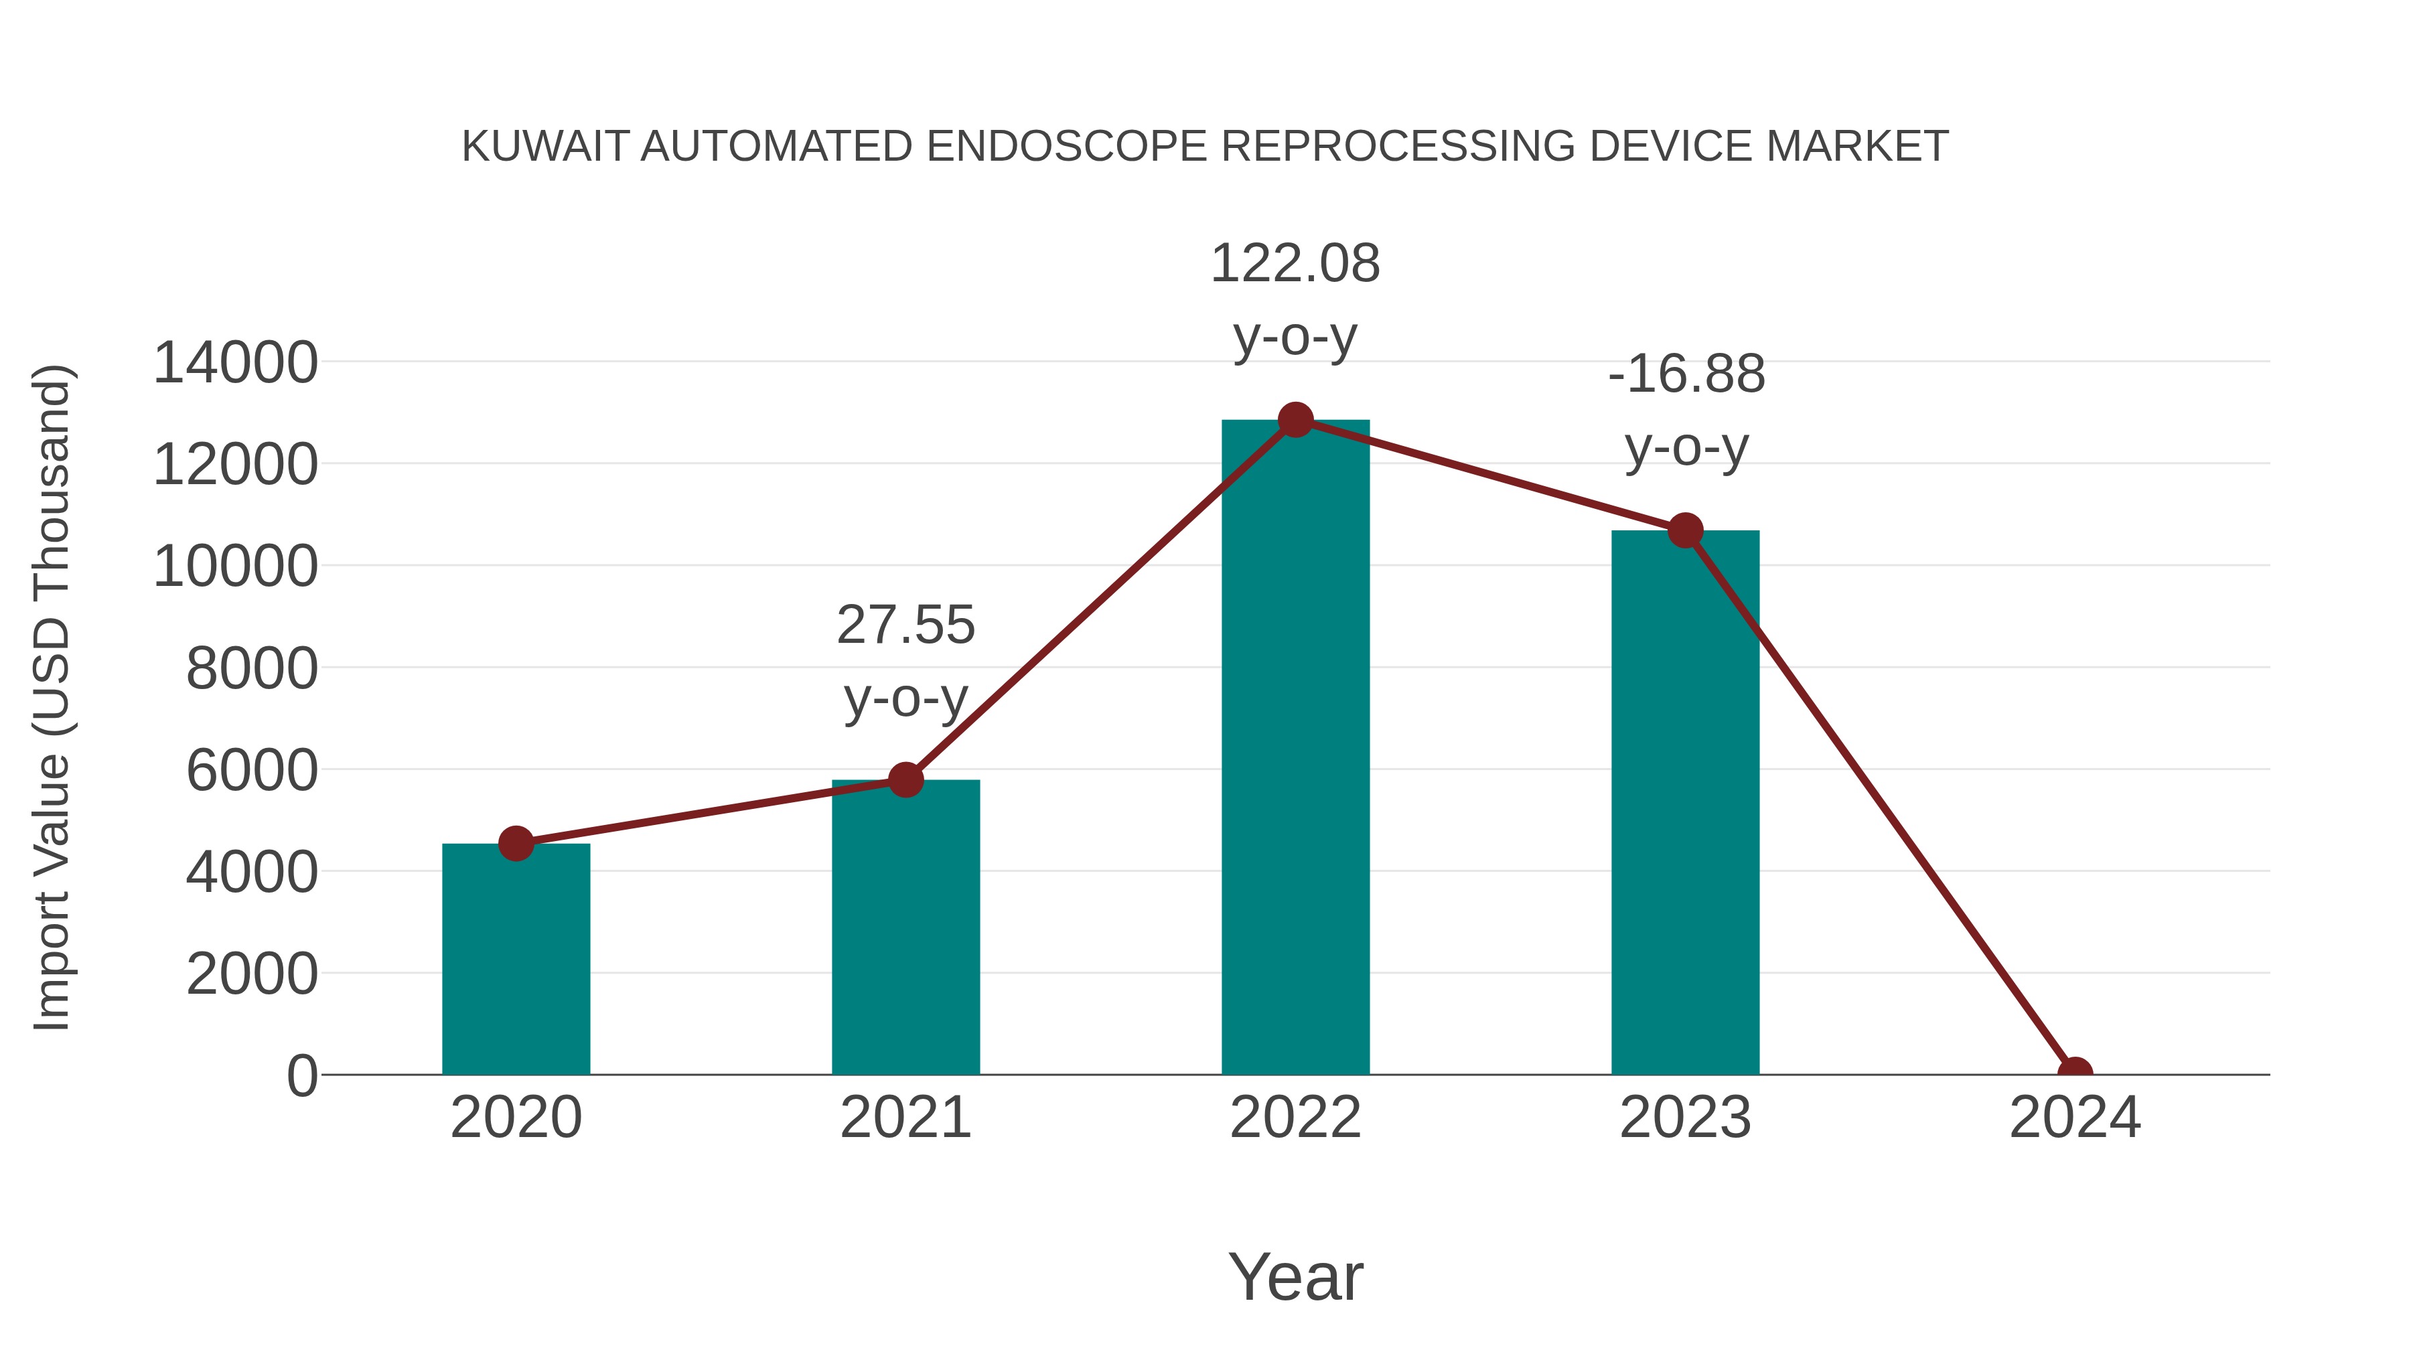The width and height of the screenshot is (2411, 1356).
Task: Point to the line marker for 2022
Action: click(x=1295, y=420)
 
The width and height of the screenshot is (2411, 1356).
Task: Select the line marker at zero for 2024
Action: click(x=2074, y=1073)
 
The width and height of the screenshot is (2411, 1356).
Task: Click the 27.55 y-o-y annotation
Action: click(x=905, y=661)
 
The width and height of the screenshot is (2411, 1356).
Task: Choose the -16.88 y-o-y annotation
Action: click(x=1686, y=410)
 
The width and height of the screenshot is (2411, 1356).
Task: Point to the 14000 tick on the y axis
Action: click(x=235, y=363)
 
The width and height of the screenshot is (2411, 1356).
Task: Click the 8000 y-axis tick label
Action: click(x=251, y=669)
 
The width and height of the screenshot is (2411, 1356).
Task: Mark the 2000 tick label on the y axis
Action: click(x=251, y=974)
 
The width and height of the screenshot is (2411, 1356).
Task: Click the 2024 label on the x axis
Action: click(x=2074, y=1118)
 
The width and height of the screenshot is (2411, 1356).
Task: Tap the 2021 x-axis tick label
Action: click(x=905, y=1118)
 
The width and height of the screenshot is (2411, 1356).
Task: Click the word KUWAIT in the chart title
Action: click(x=543, y=147)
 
